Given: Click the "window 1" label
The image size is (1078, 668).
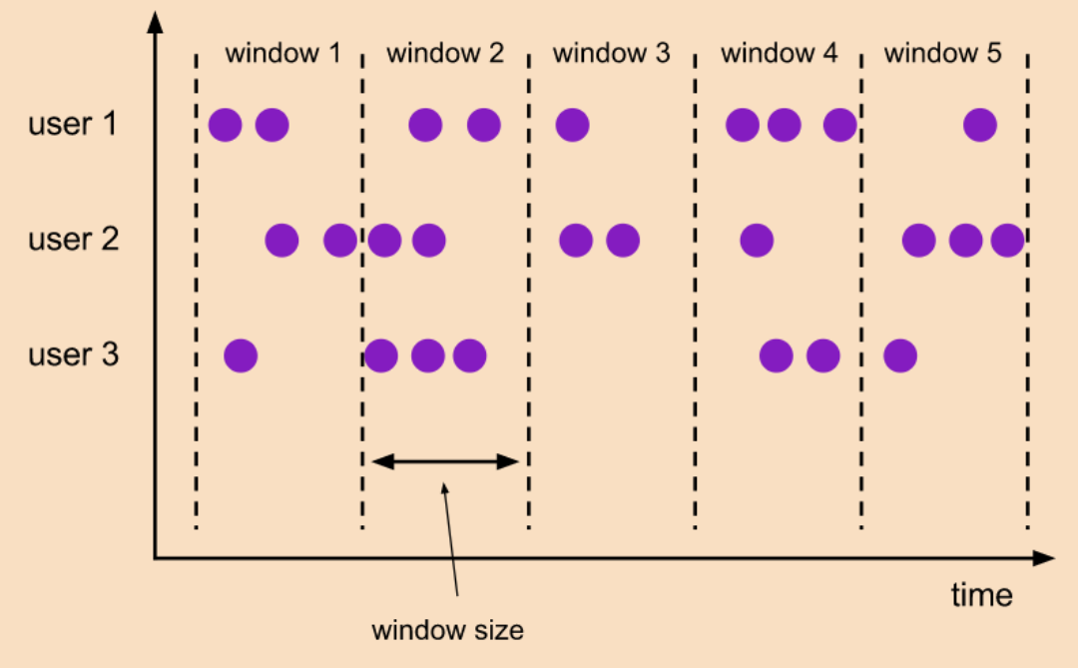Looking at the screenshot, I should [x=282, y=53].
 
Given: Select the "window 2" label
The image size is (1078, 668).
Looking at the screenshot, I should [x=445, y=53].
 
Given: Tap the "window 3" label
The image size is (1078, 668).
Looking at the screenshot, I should [x=611, y=53].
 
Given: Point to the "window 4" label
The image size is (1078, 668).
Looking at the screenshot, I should [x=780, y=53].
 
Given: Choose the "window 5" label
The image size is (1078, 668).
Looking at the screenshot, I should [x=942, y=53].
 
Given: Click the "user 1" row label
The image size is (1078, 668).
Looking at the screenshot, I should [x=73, y=126].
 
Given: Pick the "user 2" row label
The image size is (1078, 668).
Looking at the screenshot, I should [x=73, y=241].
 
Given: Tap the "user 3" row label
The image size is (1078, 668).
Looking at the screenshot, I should [x=73, y=354].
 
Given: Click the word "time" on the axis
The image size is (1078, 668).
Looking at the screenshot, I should [x=981, y=595].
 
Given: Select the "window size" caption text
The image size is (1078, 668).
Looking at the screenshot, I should [x=447, y=630].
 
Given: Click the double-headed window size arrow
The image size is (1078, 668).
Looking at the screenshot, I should [x=446, y=461].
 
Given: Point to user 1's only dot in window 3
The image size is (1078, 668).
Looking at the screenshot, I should [x=572, y=126].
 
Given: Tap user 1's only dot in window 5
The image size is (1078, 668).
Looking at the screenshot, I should [x=980, y=126].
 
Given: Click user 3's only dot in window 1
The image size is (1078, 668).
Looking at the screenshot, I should [x=241, y=354].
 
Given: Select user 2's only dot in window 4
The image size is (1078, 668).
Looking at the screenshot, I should [x=757, y=241].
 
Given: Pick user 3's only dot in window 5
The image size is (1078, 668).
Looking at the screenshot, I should [x=899, y=354].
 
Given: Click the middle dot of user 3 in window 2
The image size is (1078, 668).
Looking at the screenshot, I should [x=427, y=354].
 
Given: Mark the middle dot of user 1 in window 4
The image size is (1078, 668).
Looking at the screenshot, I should [x=785, y=126].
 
